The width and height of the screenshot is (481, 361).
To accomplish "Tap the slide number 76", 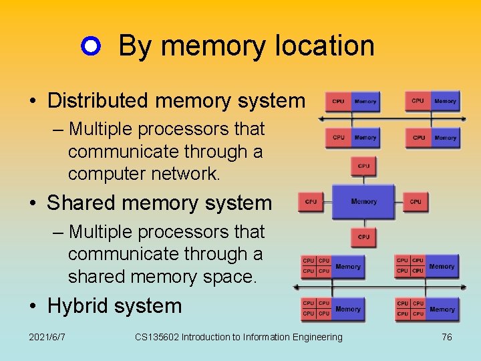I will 447,337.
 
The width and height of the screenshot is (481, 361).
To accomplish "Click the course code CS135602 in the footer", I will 156,337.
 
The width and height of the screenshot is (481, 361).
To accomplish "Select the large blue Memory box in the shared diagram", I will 364,201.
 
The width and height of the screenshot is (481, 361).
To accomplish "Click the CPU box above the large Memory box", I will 363,166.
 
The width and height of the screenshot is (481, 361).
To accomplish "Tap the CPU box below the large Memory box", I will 363,237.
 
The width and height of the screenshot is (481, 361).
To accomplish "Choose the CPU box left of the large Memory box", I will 311,201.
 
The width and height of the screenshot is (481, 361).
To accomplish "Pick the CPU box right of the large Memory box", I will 416,201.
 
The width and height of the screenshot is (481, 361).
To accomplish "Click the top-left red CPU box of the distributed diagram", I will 338,102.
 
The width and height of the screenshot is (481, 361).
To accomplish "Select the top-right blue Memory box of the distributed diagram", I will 445,101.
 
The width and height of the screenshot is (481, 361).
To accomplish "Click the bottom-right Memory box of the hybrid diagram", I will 442,310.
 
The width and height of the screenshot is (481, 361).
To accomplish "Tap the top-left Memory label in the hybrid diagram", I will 348,267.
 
